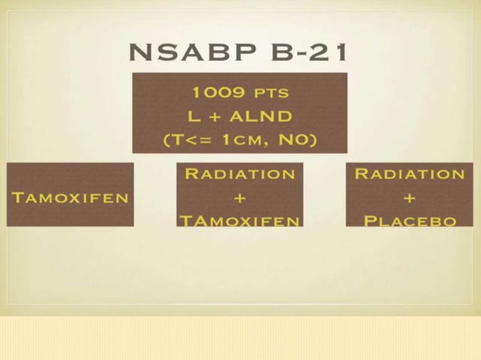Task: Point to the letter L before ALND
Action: (x=193, y=117)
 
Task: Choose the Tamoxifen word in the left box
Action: (x=70, y=197)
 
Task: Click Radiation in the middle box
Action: (x=240, y=174)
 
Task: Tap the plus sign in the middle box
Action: (x=240, y=198)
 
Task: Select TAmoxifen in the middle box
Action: (x=240, y=221)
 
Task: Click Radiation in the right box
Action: (x=409, y=174)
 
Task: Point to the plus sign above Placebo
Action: (x=409, y=198)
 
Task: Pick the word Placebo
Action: (x=409, y=221)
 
